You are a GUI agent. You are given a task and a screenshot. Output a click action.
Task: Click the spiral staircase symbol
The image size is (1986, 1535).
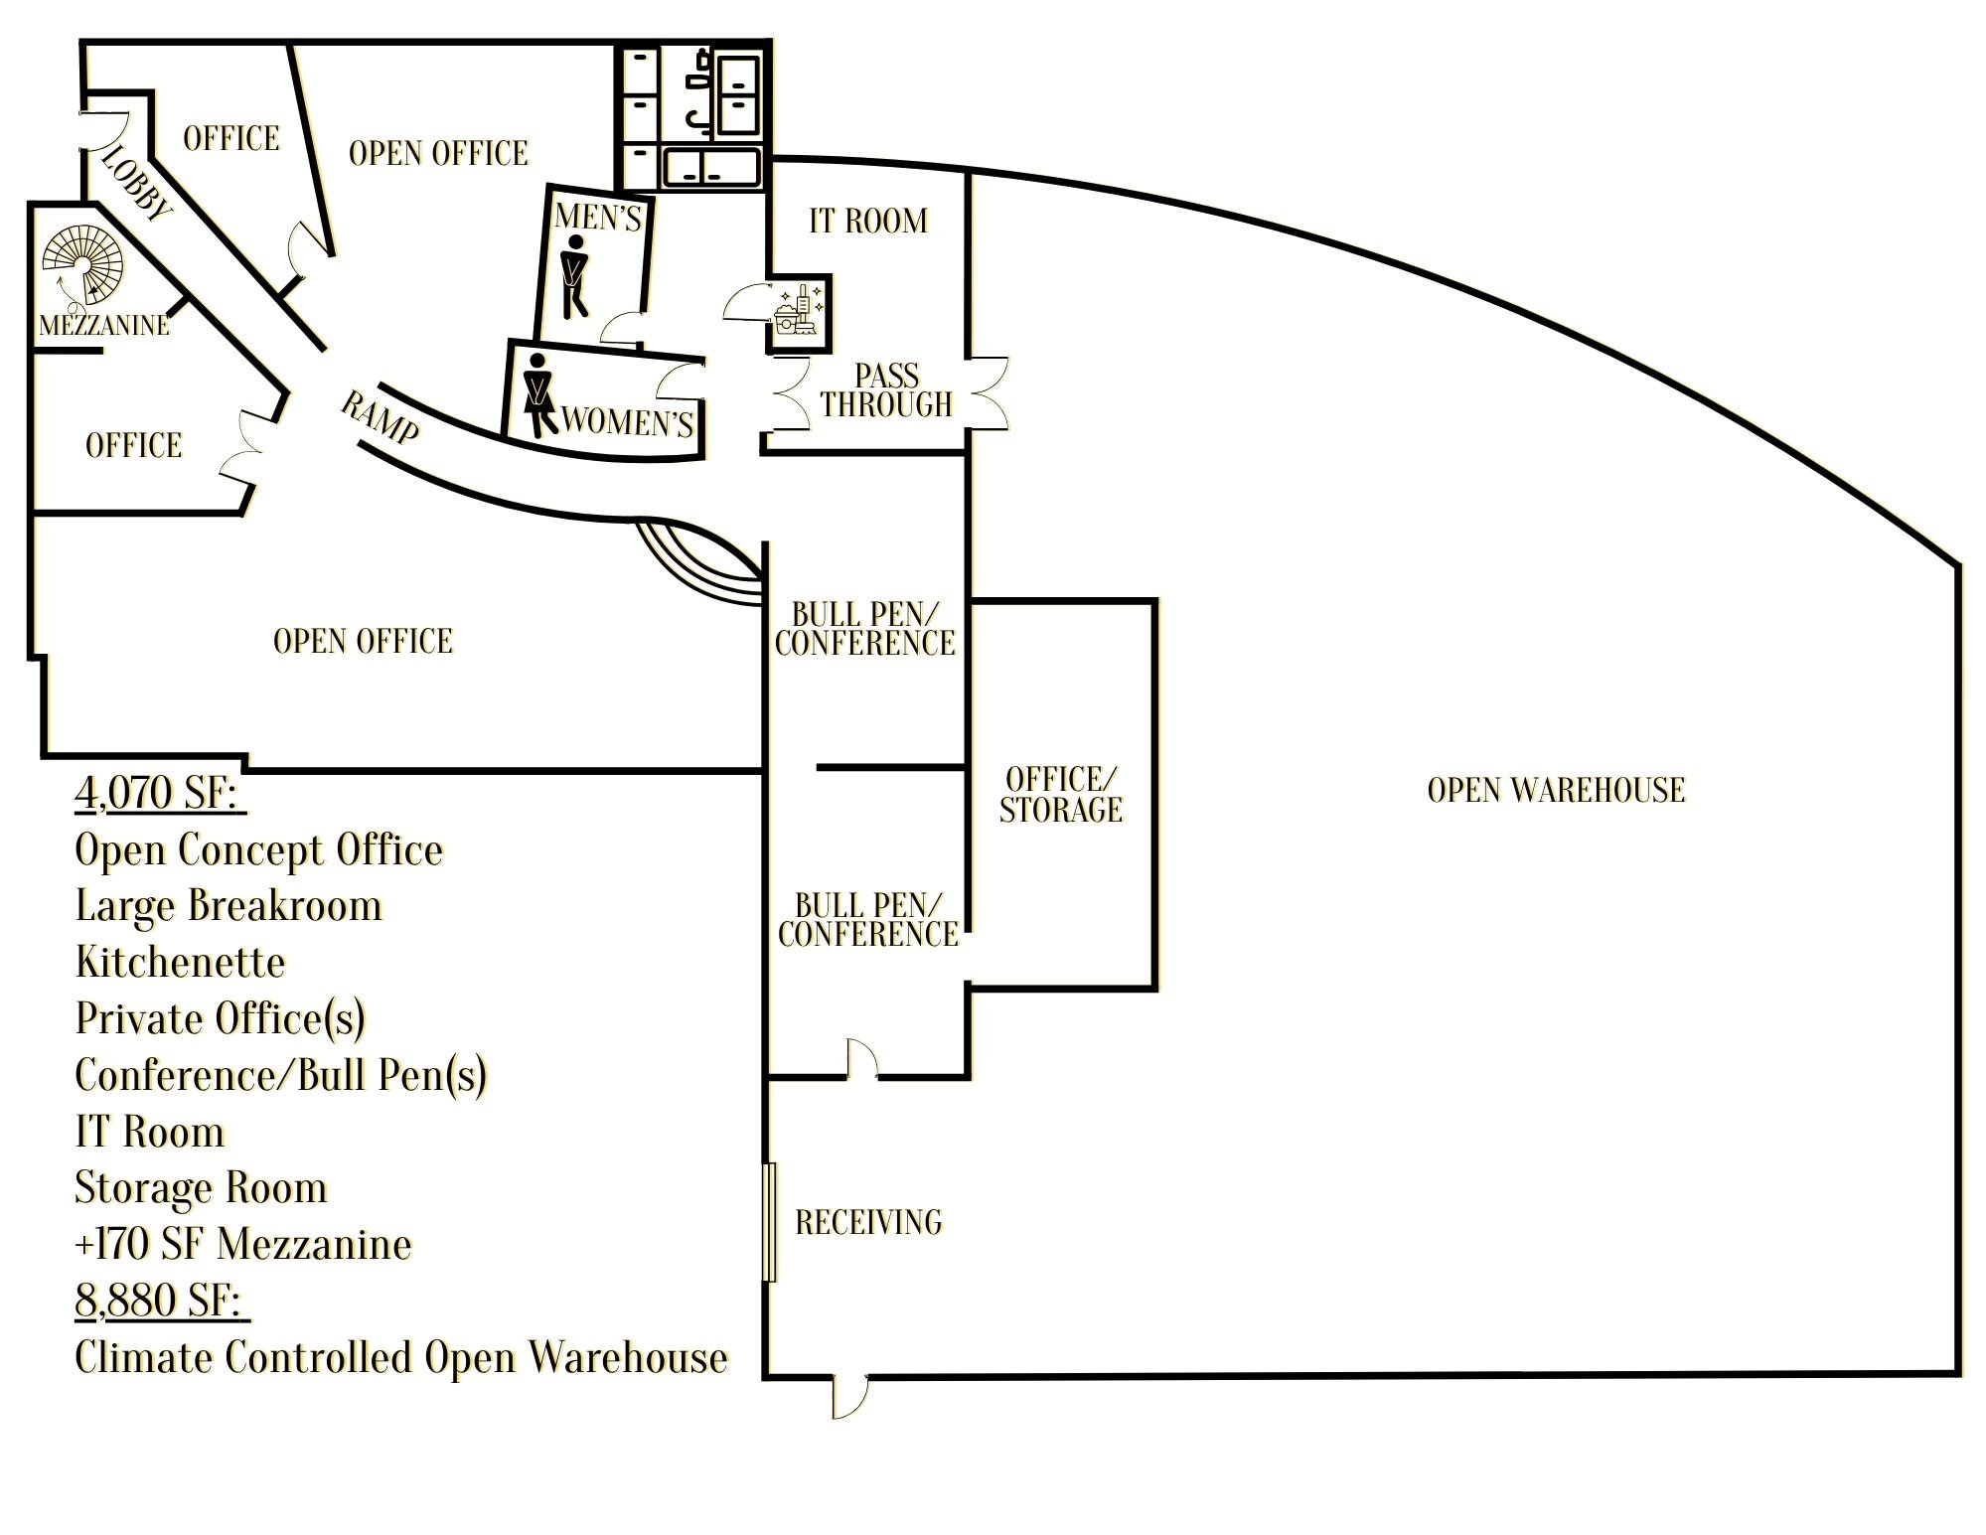click(x=82, y=265)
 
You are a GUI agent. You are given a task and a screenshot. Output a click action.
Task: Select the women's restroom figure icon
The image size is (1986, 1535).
click(x=537, y=395)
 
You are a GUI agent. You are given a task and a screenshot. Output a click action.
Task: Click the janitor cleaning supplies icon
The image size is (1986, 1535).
click(x=798, y=310)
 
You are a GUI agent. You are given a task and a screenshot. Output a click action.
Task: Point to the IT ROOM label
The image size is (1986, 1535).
click(x=868, y=220)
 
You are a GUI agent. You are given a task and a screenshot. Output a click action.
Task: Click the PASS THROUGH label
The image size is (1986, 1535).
click(x=886, y=389)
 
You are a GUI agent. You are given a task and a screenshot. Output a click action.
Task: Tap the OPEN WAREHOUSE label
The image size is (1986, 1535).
click(x=1556, y=790)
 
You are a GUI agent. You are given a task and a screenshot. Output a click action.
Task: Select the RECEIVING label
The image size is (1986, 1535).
click(x=868, y=1221)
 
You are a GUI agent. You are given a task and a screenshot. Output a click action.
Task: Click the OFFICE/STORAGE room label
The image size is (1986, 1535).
click(x=1061, y=794)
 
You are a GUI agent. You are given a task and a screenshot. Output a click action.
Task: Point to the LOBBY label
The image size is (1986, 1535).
click(x=137, y=183)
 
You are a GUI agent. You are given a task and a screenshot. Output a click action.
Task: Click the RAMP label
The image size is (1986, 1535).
click(x=380, y=416)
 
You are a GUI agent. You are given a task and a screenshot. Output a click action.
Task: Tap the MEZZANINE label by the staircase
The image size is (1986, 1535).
click(x=104, y=325)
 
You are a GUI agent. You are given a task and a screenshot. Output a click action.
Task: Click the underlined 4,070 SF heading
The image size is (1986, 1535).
click(x=160, y=793)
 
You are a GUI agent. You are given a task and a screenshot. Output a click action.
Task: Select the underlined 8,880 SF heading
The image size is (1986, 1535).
click(x=162, y=1301)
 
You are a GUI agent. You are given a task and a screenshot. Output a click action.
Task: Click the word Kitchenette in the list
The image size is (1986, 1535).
click(x=180, y=962)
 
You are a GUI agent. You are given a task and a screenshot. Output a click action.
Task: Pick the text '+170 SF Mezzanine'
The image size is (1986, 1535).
click(x=243, y=1244)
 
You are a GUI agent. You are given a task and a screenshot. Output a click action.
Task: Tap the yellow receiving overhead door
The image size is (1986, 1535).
click(x=769, y=1221)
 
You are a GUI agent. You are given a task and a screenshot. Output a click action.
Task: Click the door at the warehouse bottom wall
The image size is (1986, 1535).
click(x=849, y=1395)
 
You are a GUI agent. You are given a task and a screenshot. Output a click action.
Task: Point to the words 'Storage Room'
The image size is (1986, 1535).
click(x=201, y=1188)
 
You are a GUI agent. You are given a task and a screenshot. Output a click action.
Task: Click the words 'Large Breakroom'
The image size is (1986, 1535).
click(x=229, y=906)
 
